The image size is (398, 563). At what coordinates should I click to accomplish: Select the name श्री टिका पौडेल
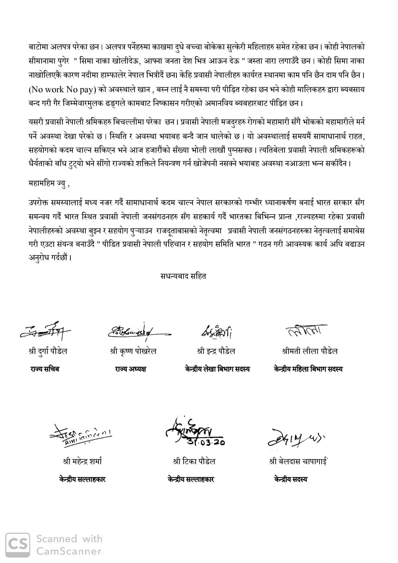194,461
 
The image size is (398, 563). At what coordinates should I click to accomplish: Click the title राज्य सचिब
45,369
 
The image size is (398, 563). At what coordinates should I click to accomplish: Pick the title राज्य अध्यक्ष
130,369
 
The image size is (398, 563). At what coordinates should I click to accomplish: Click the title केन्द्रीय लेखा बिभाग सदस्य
217,369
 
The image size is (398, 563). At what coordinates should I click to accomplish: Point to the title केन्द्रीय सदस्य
291,479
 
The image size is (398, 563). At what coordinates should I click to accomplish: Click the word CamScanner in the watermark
69,551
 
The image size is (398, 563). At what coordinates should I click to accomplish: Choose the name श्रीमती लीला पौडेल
310,351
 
